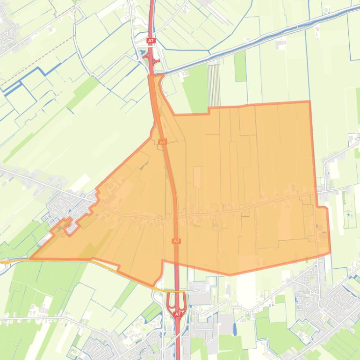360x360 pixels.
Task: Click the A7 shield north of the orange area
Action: pyautogui.click(x=151, y=41)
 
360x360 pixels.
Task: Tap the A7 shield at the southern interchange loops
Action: pyautogui.click(x=178, y=315)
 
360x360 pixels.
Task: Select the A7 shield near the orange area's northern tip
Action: pyautogui.click(x=162, y=142)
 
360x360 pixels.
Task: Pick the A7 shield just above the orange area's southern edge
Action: pyautogui.click(x=176, y=241)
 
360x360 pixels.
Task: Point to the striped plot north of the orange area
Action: pyautogui.click(x=214, y=85)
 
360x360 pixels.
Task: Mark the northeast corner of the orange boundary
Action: pyautogui.click(x=309, y=101)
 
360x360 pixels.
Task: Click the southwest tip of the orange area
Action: pyautogui.click(x=31, y=258)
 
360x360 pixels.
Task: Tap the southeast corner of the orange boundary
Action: pyautogui.click(x=330, y=252)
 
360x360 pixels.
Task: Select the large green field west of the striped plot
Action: pyautogui.click(x=195, y=89)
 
